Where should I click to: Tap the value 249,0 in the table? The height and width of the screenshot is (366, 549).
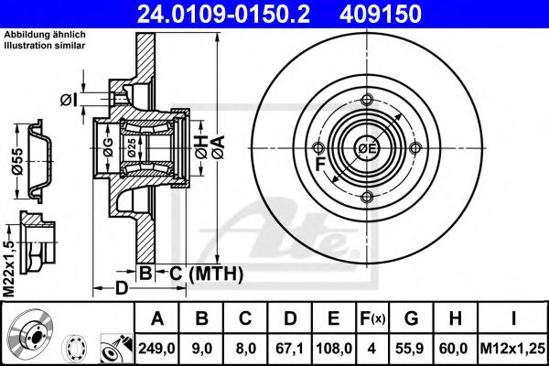156,348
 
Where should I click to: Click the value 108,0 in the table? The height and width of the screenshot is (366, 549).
333,348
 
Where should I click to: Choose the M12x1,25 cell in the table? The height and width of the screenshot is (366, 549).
514,348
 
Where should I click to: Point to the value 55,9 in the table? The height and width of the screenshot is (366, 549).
411,348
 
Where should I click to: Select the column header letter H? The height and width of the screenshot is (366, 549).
455,318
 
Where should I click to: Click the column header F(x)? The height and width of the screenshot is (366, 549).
372,318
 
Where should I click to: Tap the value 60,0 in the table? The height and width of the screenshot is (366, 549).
455,348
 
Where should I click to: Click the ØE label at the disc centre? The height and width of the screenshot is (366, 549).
367,148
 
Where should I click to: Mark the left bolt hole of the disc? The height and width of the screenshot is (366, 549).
318,148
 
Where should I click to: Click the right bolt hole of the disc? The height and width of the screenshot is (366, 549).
415,148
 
